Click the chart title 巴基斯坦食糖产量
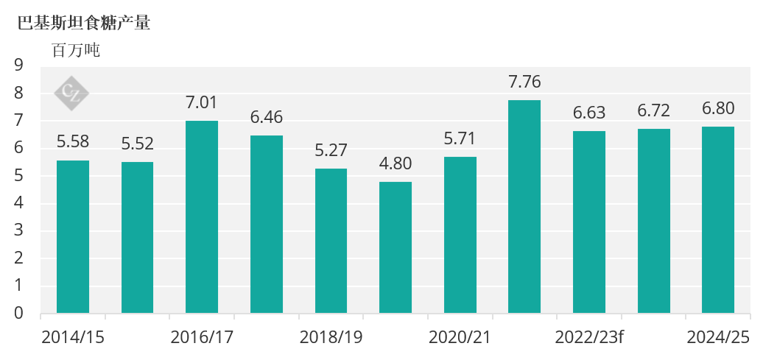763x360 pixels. pyautogui.click(x=84, y=23)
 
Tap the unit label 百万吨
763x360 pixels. pyautogui.click(x=75, y=51)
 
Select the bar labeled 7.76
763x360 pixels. pyautogui.click(x=524, y=207)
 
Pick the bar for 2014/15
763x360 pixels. pyautogui.click(x=73, y=237)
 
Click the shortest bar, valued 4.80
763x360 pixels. pyautogui.click(x=395, y=247)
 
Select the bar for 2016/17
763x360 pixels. pyautogui.click(x=202, y=217)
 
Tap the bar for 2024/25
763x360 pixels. pyautogui.click(x=718, y=220)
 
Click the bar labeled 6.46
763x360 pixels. pyautogui.click(x=267, y=225)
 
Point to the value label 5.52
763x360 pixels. pyautogui.click(x=137, y=144)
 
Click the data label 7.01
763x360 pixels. pyautogui.click(x=202, y=103)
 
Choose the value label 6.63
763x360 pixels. pyautogui.click(x=589, y=113)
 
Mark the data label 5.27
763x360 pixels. pyautogui.click(x=331, y=151)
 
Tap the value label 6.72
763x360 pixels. pyautogui.click(x=654, y=111)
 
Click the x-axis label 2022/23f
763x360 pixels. pyautogui.click(x=589, y=337)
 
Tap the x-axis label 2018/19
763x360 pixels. pyautogui.click(x=331, y=337)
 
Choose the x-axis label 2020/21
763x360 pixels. pyautogui.click(x=460, y=337)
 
